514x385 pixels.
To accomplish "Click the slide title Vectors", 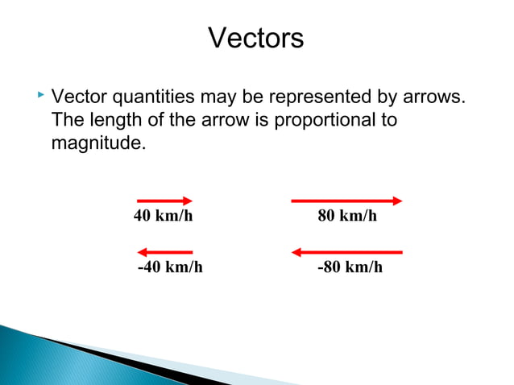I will [256, 38].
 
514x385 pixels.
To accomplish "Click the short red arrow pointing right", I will [164, 201].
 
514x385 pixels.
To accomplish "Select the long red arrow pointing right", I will [346, 201].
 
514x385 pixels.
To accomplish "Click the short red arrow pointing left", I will [164, 252].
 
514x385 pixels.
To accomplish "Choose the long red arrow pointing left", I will [346, 252].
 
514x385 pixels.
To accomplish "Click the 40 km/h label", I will [164, 217].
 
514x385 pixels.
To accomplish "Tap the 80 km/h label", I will [348, 217].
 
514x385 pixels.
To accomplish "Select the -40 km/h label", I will [170, 267].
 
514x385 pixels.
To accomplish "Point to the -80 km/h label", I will [350, 267].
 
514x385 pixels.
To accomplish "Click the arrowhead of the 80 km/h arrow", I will [397, 201].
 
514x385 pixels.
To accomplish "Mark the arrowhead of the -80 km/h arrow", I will [296, 252].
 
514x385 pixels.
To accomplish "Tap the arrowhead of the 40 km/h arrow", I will [188, 201].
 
